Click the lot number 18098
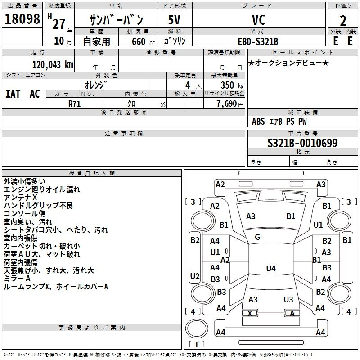(x=22, y=19)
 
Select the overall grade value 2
(x=343, y=21)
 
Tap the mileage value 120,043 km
(x=53, y=65)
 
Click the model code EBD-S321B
(x=258, y=41)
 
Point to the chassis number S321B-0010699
(x=302, y=143)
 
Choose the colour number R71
(x=74, y=104)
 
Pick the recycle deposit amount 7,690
(x=227, y=104)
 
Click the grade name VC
(x=259, y=20)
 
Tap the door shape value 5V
(x=174, y=20)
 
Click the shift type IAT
(x=13, y=94)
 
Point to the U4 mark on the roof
(x=271, y=268)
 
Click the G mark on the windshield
(x=257, y=237)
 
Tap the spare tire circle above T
(x=197, y=328)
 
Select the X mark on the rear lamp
(x=250, y=313)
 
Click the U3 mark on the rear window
(x=288, y=299)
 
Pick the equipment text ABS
(x=258, y=121)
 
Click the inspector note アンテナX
(x=20, y=198)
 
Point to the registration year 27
(x=59, y=24)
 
